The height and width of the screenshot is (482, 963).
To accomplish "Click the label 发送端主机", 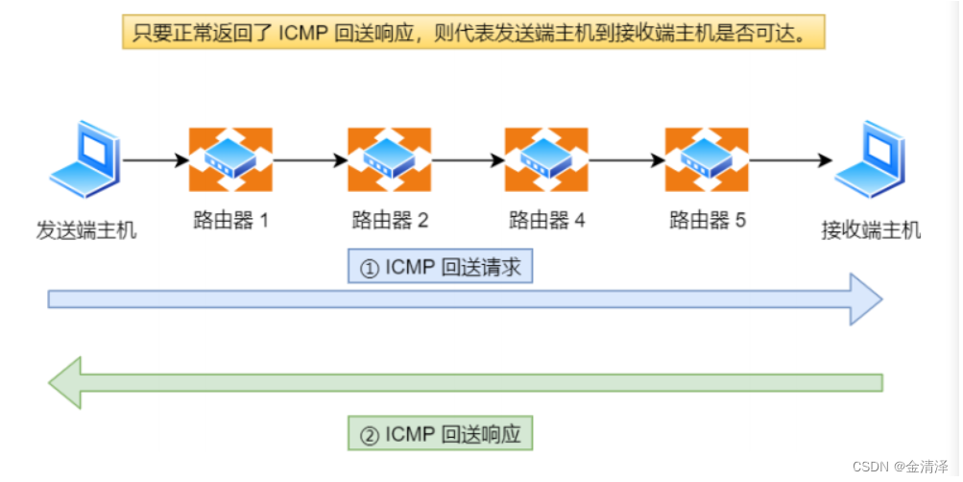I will pos(86,230).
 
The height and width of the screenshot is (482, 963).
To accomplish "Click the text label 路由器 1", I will pos(230,221).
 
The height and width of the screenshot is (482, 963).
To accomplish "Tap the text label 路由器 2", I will pos(390,221).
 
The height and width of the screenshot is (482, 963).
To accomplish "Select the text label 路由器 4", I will pos(547,221).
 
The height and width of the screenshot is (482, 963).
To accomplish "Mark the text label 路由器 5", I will pos(707,221).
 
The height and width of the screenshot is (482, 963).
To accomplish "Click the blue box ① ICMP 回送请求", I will pos(440,267).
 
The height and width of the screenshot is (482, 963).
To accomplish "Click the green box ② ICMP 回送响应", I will pos(440,433).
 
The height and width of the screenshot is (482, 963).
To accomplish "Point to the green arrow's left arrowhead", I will pos(65,383).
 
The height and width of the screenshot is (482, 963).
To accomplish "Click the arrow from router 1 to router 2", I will pos(309,160).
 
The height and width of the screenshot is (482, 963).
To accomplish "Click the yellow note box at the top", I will pos(474,33).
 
